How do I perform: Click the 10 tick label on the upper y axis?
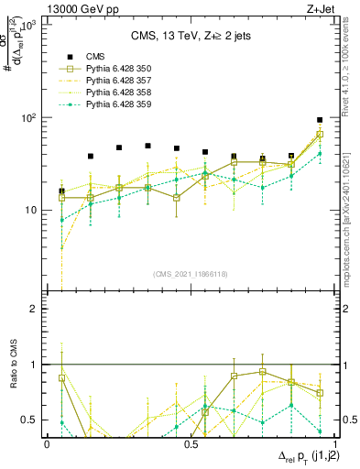point(32,211)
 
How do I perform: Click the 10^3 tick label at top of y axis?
point(29,26)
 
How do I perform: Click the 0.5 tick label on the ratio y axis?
point(31,420)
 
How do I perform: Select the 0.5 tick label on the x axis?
point(191,443)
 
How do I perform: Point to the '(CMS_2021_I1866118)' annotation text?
point(190,274)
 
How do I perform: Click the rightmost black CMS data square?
point(320,120)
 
